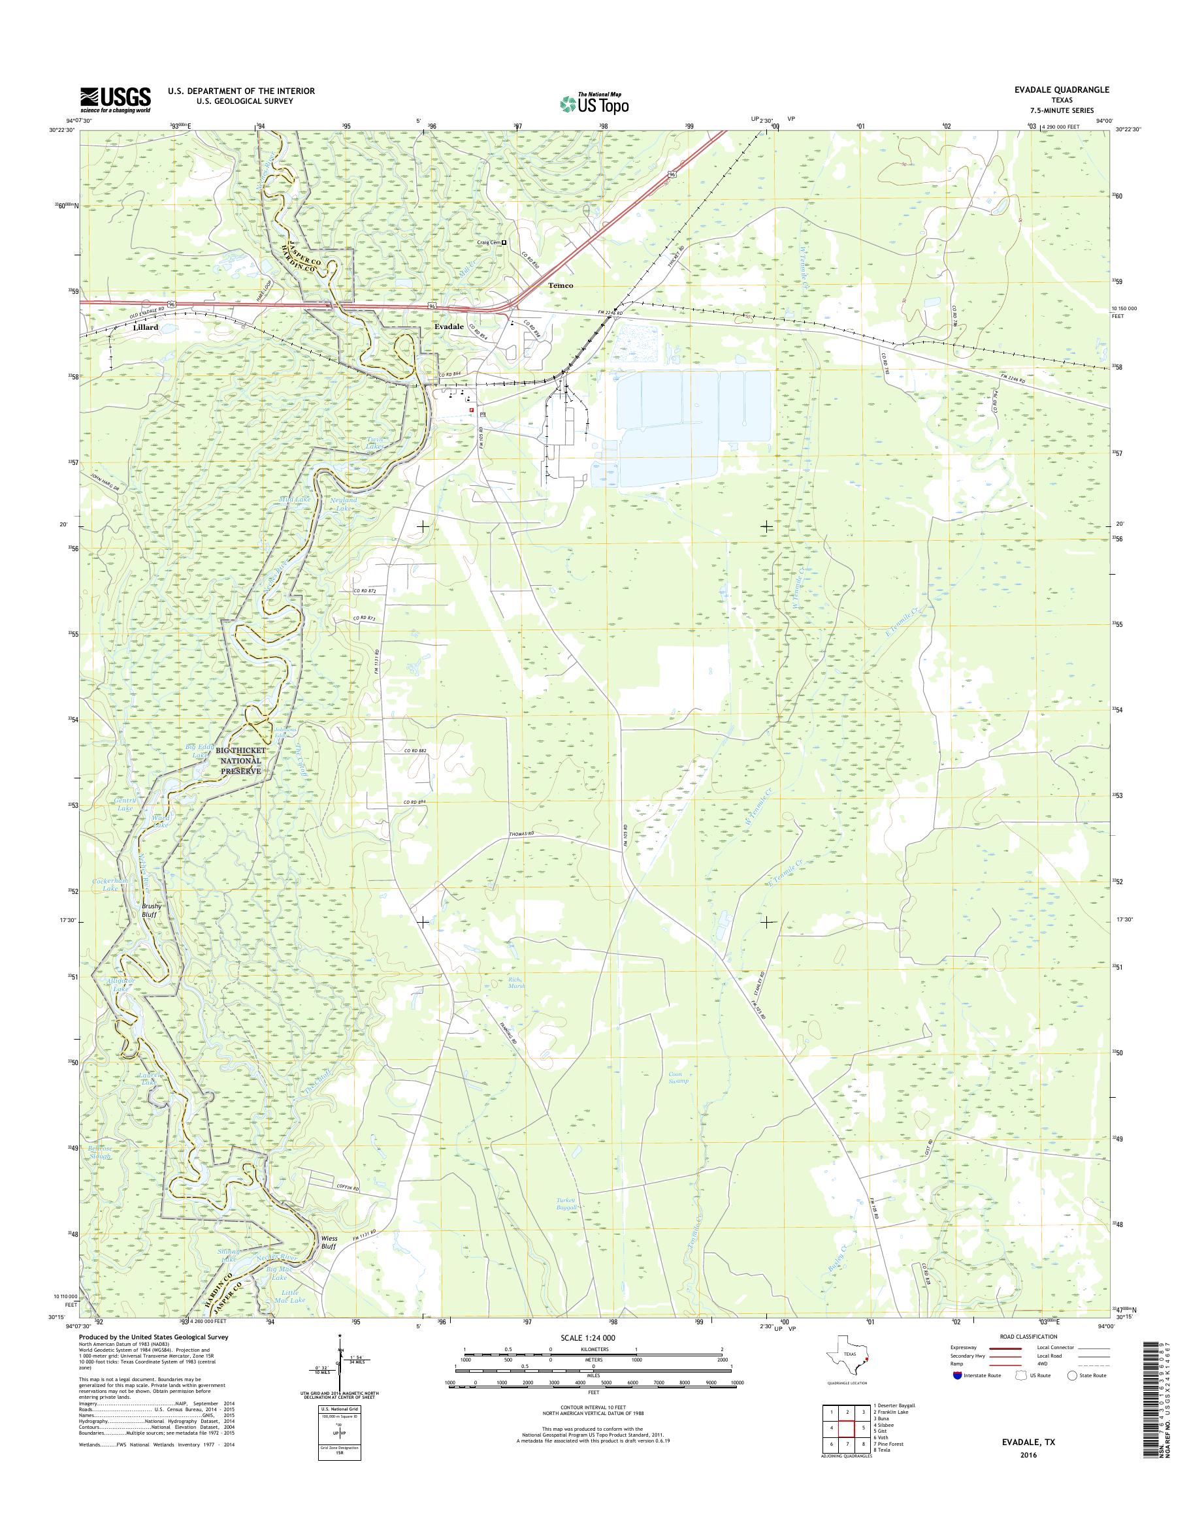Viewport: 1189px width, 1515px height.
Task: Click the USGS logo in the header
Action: point(115,100)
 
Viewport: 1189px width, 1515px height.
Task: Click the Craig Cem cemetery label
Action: point(489,242)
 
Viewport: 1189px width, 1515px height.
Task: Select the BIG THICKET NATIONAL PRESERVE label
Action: point(237,761)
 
